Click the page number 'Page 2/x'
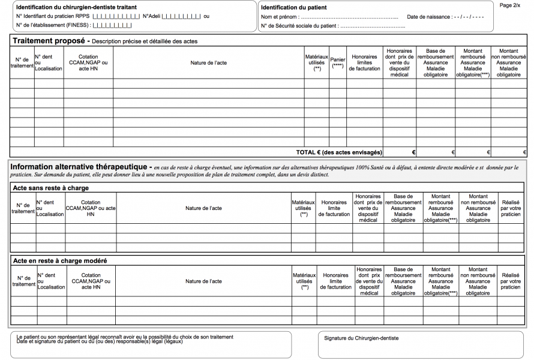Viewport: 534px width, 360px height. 510,5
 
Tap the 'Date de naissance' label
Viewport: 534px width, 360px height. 429,17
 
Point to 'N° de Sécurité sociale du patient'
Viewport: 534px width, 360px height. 298,26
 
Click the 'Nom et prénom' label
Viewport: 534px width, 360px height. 279,17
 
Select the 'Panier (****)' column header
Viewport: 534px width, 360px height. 338,62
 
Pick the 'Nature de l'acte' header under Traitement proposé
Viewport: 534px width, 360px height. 209,62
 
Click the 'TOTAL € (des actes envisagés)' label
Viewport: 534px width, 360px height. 339,152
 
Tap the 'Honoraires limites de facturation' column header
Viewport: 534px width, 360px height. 365,62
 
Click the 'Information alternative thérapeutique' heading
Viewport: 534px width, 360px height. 80,166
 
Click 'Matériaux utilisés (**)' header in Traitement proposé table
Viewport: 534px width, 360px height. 317,62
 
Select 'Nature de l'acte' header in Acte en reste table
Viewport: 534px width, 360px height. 203,281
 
